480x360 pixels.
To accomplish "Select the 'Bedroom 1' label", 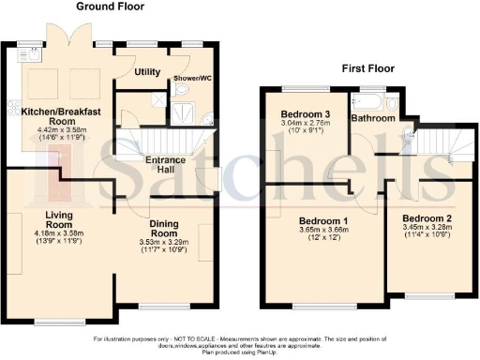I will point(308,221).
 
